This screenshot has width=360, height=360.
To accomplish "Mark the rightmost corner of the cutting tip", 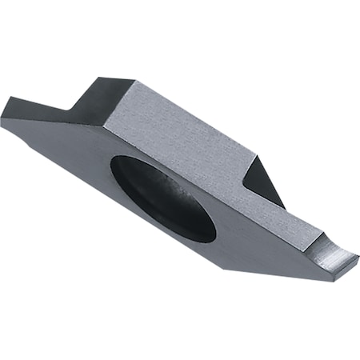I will coord(358,258).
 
